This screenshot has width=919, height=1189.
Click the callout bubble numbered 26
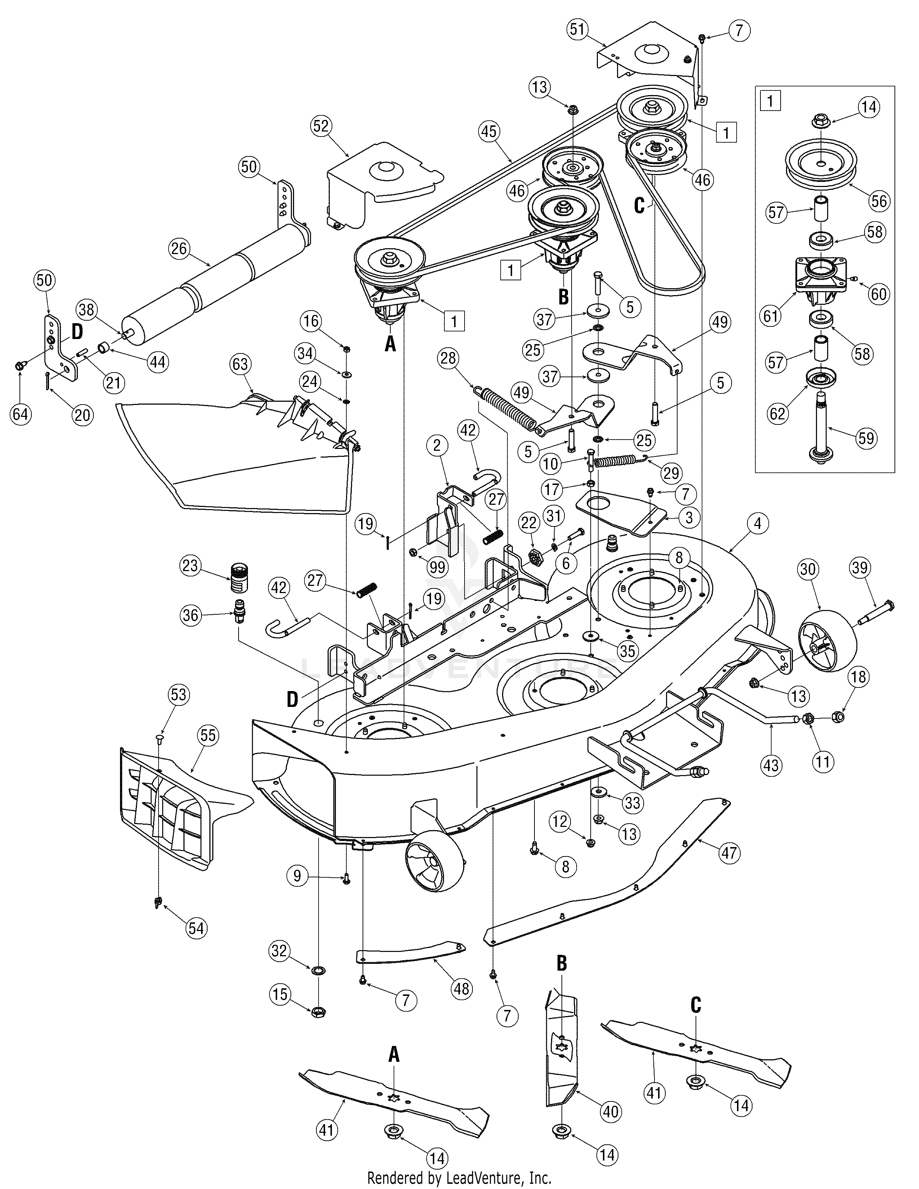(178, 249)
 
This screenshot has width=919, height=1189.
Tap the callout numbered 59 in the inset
(866, 438)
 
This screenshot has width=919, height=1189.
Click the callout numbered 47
(729, 852)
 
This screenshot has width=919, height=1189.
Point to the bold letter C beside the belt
(639, 206)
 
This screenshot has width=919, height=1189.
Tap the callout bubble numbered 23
(190, 566)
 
